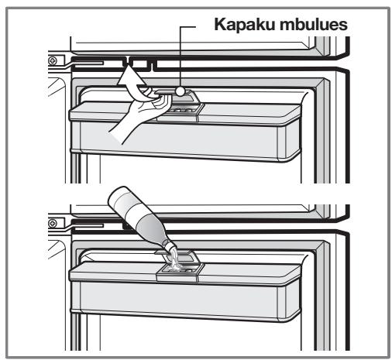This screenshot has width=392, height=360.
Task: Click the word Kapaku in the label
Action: pos(245,25)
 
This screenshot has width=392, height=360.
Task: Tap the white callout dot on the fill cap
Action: pos(180,91)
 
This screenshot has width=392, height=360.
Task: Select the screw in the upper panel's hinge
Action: pos(53,61)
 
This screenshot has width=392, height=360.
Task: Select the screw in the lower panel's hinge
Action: pos(53,223)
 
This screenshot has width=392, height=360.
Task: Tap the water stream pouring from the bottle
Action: pos(174,259)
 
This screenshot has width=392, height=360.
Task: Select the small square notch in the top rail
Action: pos(139,63)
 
